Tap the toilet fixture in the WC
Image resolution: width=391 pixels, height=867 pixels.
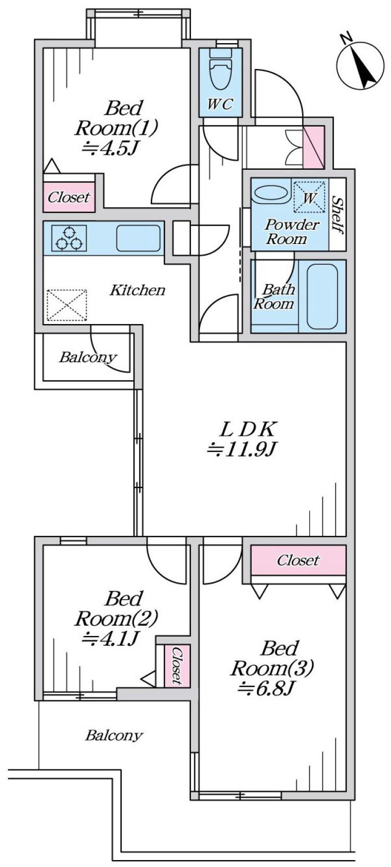coord(220,70)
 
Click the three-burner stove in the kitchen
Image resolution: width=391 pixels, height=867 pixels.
coord(69,238)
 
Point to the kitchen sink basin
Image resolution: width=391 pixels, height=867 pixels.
coord(138,238)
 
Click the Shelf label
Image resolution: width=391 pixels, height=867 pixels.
coord(338,215)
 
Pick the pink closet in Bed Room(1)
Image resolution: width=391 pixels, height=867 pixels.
coord(69,198)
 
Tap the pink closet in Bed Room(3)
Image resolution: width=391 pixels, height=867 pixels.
coord(298,560)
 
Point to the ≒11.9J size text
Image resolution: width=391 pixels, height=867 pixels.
coord(242,449)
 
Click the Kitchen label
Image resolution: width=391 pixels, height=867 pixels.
coord(138,290)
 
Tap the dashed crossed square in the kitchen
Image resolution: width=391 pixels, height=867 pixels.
coord(66,305)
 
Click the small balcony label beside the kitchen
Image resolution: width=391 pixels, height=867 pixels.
coord(88,358)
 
